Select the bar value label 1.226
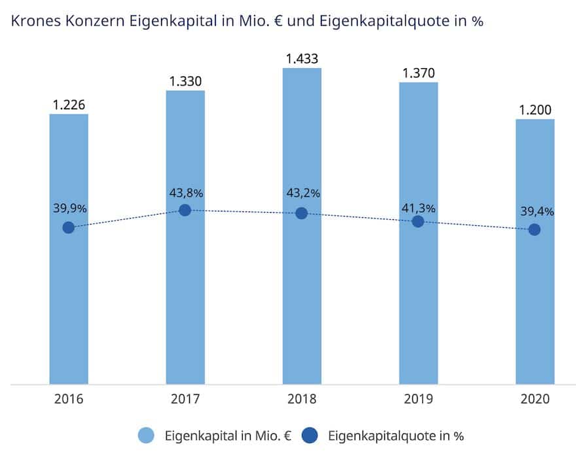coord(69,105)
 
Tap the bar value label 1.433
coord(302,59)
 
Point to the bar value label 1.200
coord(535,110)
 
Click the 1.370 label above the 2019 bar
coord(418,73)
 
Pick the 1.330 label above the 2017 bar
coord(185,81)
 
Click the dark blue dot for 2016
coord(68,227)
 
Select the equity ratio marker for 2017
coord(185,209)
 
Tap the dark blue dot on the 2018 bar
coord(302,213)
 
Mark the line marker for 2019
coord(418,221)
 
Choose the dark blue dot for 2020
coord(535,229)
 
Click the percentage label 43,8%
coord(185,193)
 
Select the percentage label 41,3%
coord(419,208)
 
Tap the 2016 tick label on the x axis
coord(69,399)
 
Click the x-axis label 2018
coord(302,399)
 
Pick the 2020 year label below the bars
coord(535,399)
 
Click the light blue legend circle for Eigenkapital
coord(147,435)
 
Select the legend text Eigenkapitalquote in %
coord(396,435)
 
